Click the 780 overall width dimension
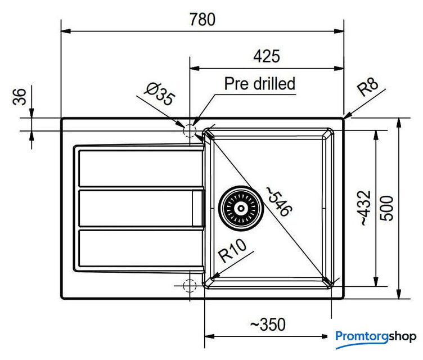[x=202, y=20]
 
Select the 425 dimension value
[x=267, y=57]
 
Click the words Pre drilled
[x=259, y=84]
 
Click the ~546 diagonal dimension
[x=280, y=202]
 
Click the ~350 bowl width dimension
[x=267, y=325]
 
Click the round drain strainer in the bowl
[x=240, y=208]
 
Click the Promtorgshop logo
[x=376, y=336]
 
